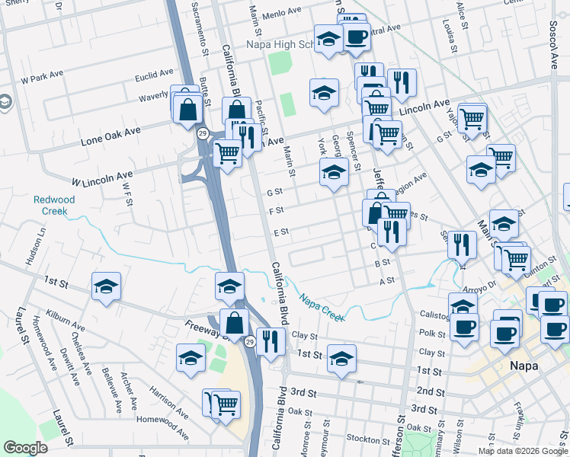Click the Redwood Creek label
[54, 205]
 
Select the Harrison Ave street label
[168, 400]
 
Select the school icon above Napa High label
[328, 40]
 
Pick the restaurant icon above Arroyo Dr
[462, 244]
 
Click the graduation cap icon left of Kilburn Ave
[106, 286]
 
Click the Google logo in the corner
[25, 448]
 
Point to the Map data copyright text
[523, 451]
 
